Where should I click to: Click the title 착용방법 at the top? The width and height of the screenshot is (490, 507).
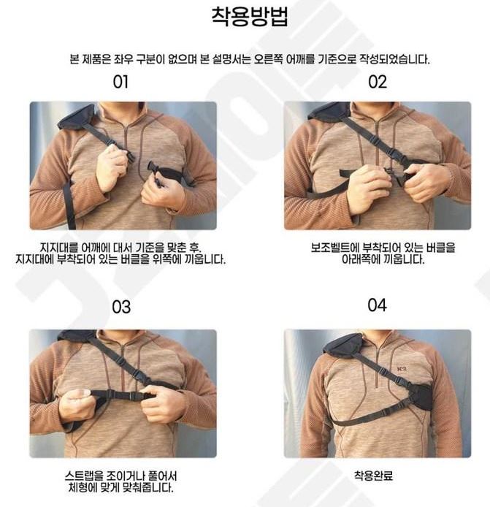click(x=250, y=16)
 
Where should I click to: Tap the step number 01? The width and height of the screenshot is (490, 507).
click(x=120, y=82)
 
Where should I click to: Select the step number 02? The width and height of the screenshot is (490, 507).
click(x=378, y=82)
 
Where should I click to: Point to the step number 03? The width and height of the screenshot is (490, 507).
click(x=121, y=307)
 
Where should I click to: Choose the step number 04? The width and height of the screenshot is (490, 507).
click(x=378, y=305)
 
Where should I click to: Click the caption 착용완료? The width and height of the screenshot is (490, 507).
click(x=373, y=476)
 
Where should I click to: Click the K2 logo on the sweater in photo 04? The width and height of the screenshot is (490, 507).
click(x=402, y=369)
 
